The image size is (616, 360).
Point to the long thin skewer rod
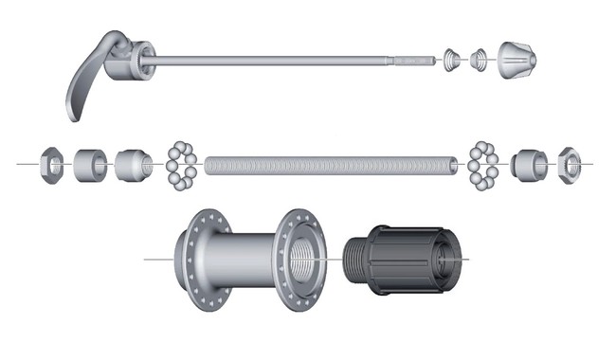284,62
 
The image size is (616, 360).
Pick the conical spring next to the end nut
480,60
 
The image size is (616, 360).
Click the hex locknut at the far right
569,163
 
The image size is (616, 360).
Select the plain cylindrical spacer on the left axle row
90,164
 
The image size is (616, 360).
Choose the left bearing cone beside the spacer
133,164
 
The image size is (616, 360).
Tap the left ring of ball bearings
180,164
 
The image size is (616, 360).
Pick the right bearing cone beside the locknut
526,163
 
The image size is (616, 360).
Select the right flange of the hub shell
298,256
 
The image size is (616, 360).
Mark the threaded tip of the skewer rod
417,61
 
